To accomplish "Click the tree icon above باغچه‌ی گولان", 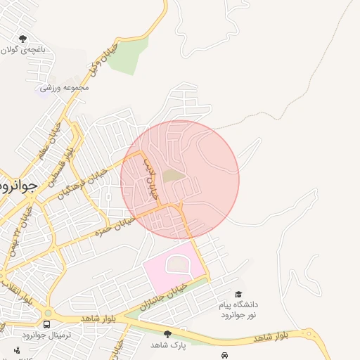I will [x=23, y=39].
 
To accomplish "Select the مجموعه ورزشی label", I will [x=64, y=88].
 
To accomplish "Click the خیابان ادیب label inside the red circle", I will [x=153, y=176].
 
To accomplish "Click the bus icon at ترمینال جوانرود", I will [x=46, y=324].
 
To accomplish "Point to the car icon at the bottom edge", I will [x=224, y=356].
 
